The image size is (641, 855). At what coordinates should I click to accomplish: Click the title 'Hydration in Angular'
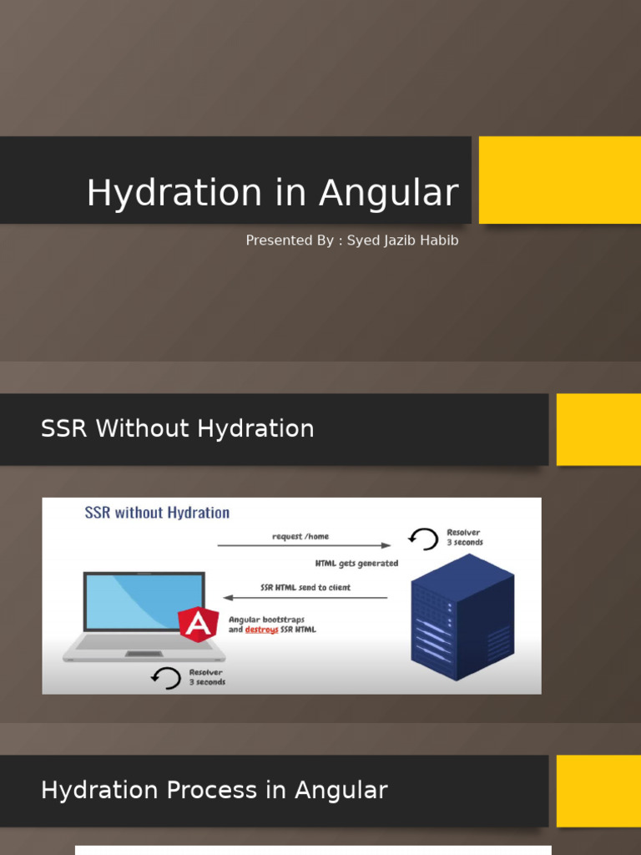click(x=272, y=193)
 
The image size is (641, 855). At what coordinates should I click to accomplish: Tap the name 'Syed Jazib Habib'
click(x=402, y=240)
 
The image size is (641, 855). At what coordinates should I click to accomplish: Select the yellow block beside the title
click(x=559, y=180)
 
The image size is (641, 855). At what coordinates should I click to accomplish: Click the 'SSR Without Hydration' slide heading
click(x=177, y=428)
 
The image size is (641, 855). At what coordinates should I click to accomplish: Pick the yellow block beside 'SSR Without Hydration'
click(x=598, y=429)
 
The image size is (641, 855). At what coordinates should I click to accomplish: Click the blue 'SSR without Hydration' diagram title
click(x=157, y=513)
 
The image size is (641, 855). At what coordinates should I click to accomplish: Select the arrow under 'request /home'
click(x=304, y=546)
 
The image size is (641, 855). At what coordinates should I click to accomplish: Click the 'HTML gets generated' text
click(x=356, y=564)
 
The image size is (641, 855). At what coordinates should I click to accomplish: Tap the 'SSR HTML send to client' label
click(x=305, y=587)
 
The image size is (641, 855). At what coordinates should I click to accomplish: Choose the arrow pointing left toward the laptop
click(x=305, y=598)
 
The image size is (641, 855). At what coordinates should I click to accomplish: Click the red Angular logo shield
click(x=198, y=624)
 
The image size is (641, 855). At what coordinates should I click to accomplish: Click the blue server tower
click(x=462, y=617)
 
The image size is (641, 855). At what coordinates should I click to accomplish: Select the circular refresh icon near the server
click(x=424, y=539)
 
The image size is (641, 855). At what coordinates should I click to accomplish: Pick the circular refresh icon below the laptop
click(x=166, y=677)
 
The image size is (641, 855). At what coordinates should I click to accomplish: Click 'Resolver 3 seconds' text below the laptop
click(x=207, y=676)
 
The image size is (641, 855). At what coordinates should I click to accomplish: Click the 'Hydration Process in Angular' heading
click(x=214, y=790)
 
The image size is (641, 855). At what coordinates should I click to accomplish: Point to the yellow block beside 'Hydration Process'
click(x=598, y=791)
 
